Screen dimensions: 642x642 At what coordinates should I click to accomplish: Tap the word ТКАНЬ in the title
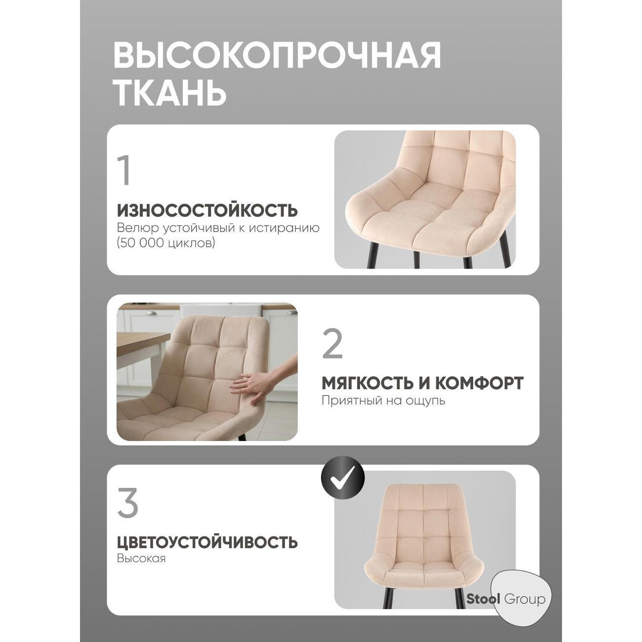click(x=170, y=92)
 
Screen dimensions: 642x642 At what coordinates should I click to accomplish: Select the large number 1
click(x=125, y=171)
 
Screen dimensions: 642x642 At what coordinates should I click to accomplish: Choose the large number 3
click(x=127, y=503)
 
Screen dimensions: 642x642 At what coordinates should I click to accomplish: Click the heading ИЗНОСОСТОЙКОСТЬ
click(x=207, y=210)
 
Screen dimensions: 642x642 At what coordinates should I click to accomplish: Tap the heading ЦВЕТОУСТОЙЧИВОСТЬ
click(x=207, y=542)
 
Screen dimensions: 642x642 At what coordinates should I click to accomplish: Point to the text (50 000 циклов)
click(x=166, y=243)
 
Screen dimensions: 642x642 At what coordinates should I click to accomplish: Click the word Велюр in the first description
click(x=135, y=228)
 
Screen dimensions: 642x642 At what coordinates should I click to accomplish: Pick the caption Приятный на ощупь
click(x=383, y=400)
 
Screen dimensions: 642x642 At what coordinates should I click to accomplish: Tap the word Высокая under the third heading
click(x=141, y=559)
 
